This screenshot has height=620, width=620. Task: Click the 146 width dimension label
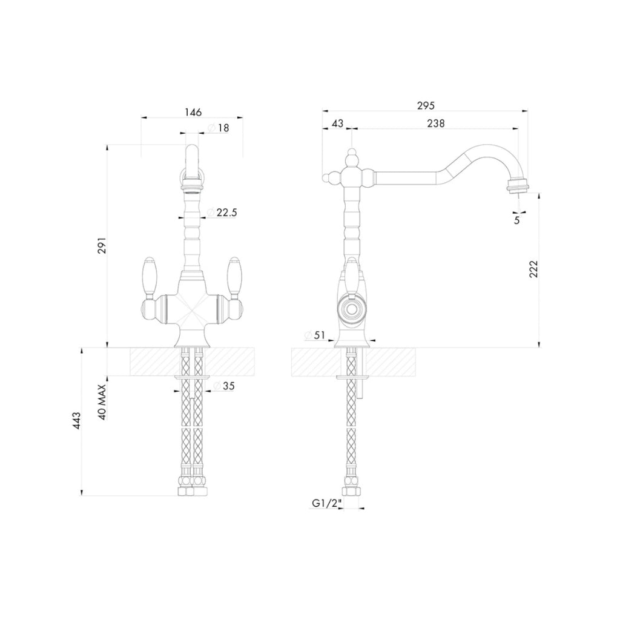coord(193,112)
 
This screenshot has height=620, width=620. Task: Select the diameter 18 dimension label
coord(218,128)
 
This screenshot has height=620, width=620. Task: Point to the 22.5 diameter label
coord(222,213)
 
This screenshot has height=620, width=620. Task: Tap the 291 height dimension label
coord(102,246)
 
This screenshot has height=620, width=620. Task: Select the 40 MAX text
coord(102,402)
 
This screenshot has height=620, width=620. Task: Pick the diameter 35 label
coord(224,386)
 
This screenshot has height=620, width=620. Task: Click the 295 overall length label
coord(426,105)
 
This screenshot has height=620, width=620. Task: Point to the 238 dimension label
coord(436,124)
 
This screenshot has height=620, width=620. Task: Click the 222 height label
coord(534,269)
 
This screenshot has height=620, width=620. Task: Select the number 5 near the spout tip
coord(517,220)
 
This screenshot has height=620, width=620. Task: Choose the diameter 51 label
coord(314,335)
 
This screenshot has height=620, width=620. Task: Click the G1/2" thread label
coord(327,503)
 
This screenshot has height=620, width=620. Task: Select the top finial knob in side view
coord(352,157)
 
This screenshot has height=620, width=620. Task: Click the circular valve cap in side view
coord(351,309)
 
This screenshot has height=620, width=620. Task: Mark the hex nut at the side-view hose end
coord(351,492)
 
